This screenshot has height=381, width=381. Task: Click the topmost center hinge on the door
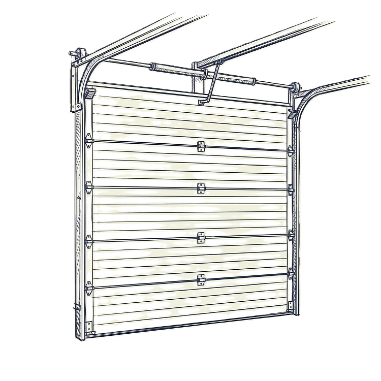pos(201,146)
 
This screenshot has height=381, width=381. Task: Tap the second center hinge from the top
pos(200,188)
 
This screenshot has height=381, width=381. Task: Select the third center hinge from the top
pos(201,237)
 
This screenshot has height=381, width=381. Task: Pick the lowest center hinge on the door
pos(200,279)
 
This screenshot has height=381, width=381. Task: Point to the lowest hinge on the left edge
pos(89,288)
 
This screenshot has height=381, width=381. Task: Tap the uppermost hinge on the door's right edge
pos(291,151)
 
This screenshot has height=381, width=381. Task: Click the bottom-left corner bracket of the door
pos(90,328)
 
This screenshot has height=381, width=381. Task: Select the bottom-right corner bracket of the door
pos(290,305)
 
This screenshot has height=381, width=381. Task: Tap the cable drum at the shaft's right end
pos(294,87)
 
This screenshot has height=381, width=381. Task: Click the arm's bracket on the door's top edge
pos(203,102)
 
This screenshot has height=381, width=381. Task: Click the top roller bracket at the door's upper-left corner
pos(90,93)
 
